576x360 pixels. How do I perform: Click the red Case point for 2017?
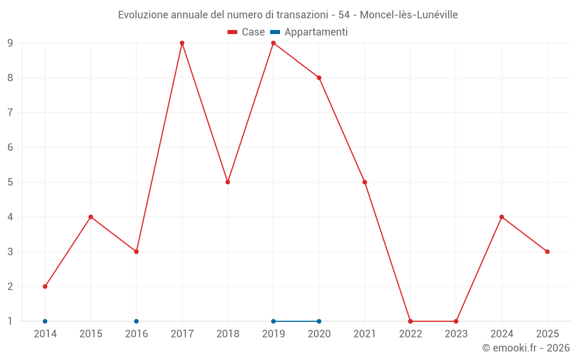pyautogui.click(x=182, y=43)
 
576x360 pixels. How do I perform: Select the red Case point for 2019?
pyautogui.click(x=274, y=43)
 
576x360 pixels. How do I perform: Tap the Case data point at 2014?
pyautogui.click(x=45, y=286)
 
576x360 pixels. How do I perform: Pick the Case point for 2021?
pyautogui.click(x=365, y=182)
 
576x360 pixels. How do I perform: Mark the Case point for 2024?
pyautogui.click(x=502, y=217)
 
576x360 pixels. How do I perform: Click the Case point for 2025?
pyautogui.click(x=547, y=252)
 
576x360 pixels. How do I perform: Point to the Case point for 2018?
pyautogui.click(x=228, y=182)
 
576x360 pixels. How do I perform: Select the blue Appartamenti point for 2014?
pyautogui.click(x=45, y=321)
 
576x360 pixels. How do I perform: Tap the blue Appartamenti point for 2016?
pyautogui.click(x=137, y=321)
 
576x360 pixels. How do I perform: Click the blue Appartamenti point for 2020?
pyautogui.click(x=319, y=321)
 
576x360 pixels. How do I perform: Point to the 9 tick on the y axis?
pyautogui.click(x=10, y=43)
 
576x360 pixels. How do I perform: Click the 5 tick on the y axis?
pyautogui.click(x=10, y=182)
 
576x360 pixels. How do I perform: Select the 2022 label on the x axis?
pyautogui.click(x=410, y=334)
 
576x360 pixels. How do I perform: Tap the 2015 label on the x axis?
pyautogui.click(x=90, y=334)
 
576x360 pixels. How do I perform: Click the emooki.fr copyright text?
pyautogui.click(x=526, y=348)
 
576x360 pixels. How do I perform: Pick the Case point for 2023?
pyautogui.click(x=456, y=321)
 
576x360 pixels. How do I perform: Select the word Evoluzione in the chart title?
pyautogui.click(x=143, y=15)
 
